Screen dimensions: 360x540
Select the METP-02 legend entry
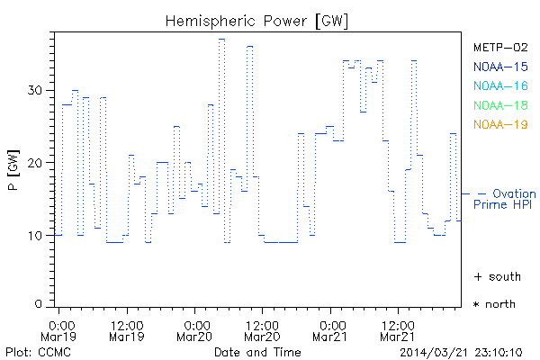(x=500, y=47)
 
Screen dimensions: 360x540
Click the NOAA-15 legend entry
(x=500, y=67)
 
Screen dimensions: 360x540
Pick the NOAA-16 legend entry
(x=500, y=85)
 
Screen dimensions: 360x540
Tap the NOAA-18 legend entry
(x=500, y=105)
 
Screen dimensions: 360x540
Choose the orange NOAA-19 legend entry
(x=500, y=124)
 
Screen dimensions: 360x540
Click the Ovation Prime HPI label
(x=504, y=200)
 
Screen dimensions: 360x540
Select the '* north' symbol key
(x=495, y=304)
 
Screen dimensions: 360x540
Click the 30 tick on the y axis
(x=36, y=90)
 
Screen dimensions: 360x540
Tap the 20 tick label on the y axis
(x=36, y=163)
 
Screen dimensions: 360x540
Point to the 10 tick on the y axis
(x=36, y=236)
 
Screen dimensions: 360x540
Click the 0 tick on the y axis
(x=40, y=304)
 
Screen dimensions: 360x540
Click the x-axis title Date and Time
(x=257, y=351)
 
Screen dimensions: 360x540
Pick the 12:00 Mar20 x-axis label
(x=264, y=330)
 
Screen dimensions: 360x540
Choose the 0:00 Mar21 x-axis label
(x=332, y=330)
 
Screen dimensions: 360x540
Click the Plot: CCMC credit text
(x=34, y=351)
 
